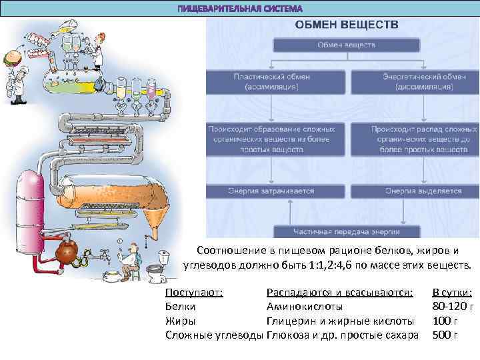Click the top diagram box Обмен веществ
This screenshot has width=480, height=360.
click(345, 45)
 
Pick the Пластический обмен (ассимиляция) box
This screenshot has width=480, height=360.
click(271, 81)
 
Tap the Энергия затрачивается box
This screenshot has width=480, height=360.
click(271, 191)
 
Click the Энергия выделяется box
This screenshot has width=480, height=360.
click(424, 191)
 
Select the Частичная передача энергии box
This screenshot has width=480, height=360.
click(347, 231)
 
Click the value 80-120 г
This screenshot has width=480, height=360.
click(453, 307)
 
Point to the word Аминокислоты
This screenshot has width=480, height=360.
click(305, 307)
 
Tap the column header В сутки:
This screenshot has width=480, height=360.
click(453, 293)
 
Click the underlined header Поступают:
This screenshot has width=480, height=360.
click(194, 293)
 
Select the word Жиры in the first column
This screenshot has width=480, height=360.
click(179, 321)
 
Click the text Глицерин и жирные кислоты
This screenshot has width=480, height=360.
click(340, 321)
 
